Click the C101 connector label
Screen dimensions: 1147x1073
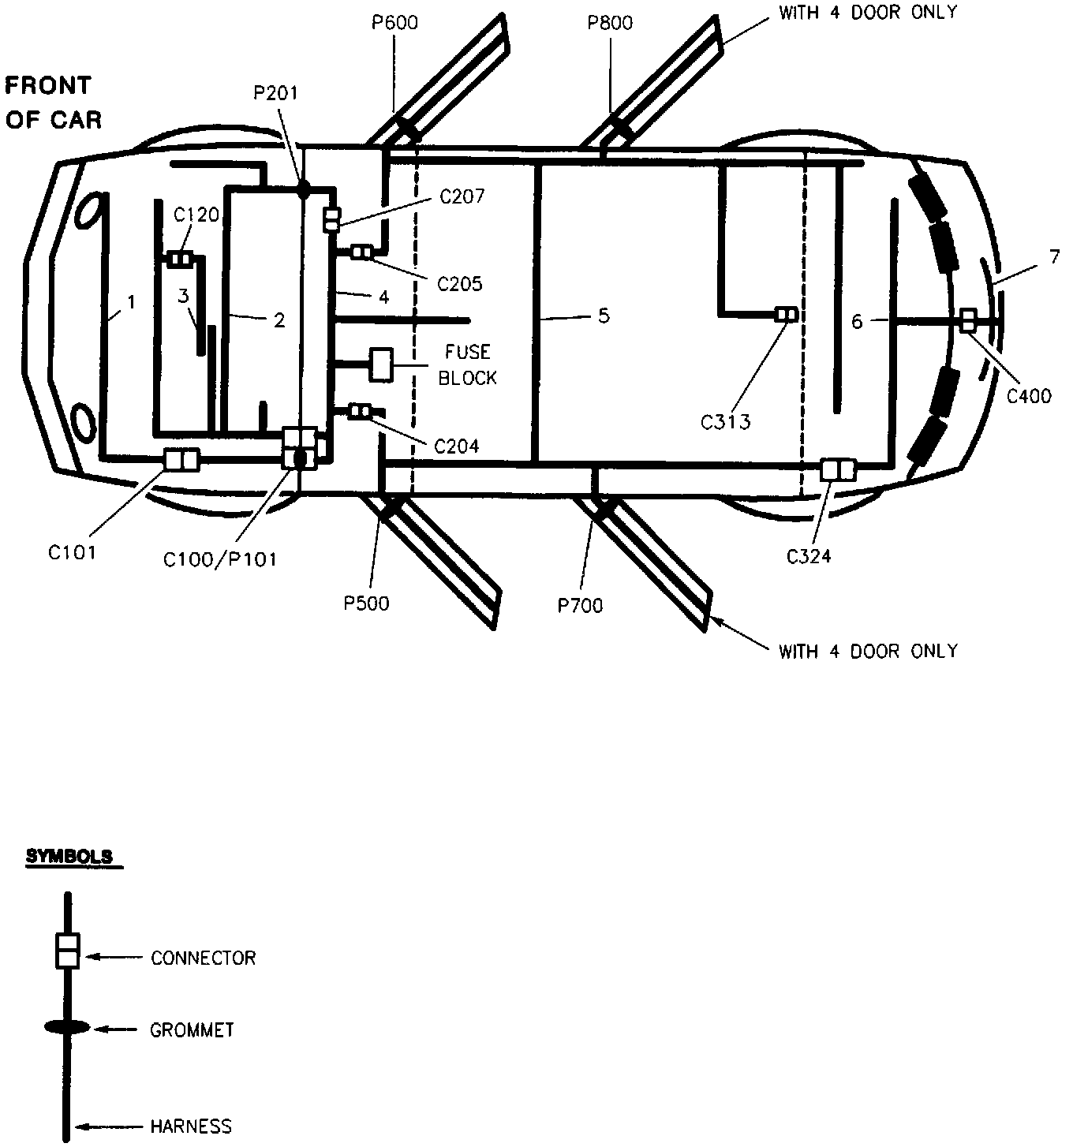click(x=72, y=552)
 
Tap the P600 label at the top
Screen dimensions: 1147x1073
click(x=394, y=22)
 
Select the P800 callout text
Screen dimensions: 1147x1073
click(x=610, y=22)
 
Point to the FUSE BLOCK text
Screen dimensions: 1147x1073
click(x=468, y=364)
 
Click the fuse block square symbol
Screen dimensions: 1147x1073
click(x=382, y=364)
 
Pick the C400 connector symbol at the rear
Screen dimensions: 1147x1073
click(x=968, y=320)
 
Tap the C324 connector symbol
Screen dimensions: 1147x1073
click(x=838, y=469)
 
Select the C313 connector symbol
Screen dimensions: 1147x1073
click(x=786, y=315)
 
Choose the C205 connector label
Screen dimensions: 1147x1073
click(x=459, y=282)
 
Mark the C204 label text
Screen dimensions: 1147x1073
click(x=457, y=446)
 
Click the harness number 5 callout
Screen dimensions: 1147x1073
click(x=604, y=316)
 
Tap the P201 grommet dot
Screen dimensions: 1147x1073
click(x=302, y=189)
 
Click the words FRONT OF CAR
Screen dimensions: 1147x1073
click(x=52, y=103)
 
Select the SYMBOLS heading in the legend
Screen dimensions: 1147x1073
click(x=70, y=857)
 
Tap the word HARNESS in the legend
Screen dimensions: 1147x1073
click(x=192, y=1126)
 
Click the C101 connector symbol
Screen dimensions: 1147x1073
click(x=181, y=459)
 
